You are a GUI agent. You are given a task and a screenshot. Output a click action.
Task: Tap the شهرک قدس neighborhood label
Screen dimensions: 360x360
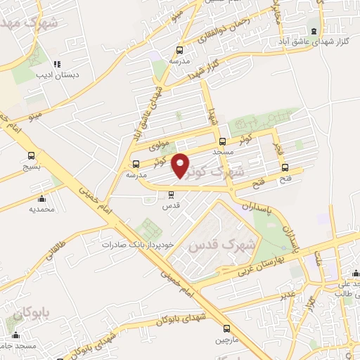(x=217, y=245)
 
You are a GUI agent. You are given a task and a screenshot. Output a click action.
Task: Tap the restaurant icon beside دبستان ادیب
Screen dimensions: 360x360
(x=57, y=64)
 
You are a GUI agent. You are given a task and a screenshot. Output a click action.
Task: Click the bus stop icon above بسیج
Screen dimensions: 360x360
(x=31, y=156)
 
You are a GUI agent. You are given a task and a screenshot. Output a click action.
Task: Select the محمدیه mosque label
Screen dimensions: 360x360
(x=41, y=209)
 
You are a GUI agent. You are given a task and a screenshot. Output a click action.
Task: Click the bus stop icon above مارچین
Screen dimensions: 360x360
(x=226, y=328)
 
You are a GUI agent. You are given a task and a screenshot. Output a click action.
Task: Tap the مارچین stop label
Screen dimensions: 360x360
(x=226, y=340)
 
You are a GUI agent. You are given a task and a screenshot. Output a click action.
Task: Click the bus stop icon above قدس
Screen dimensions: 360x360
(x=169, y=195)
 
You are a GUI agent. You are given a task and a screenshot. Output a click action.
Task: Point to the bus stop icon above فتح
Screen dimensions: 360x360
(x=285, y=167)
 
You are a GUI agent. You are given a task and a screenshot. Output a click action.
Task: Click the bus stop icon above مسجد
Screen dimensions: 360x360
(x=222, y=141)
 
